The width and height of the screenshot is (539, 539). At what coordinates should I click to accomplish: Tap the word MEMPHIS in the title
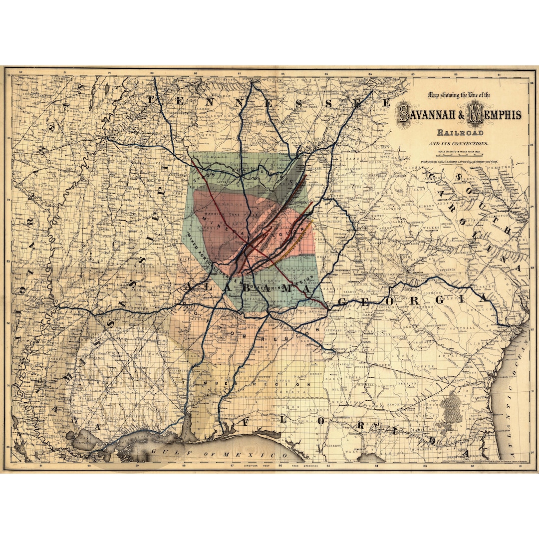pyautogui.click(x=494, y=115)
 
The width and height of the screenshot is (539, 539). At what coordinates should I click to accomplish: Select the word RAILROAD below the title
pyautogui.click(x=460, y=133)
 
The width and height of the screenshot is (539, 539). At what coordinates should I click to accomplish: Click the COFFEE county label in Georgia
pyautogui.click(x=414, y=366)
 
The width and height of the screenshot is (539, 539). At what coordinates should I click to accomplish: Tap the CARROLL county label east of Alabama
pyautogui.click(x=320, y=239)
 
